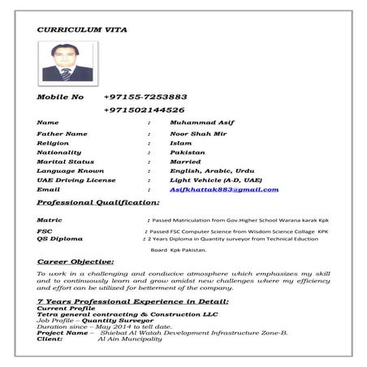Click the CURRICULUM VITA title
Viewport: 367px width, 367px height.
click(80, 30)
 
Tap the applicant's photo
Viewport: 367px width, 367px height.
click(65, 63)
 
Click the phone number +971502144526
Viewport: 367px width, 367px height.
click(145, 110)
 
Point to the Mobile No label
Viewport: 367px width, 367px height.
click(61, 97)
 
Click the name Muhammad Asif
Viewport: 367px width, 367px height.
click(197, 123)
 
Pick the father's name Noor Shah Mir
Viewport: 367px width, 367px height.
click(199, 132)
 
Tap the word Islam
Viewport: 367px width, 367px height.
click(181, 142)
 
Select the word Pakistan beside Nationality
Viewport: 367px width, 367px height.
click(188, 152)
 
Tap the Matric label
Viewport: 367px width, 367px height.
click(50, 220)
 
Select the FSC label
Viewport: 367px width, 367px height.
click(45, 231)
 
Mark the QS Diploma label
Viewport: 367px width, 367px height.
click(60, 239)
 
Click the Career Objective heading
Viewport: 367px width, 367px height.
click(76, 262)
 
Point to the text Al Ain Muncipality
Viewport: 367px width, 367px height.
click(130, 339)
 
